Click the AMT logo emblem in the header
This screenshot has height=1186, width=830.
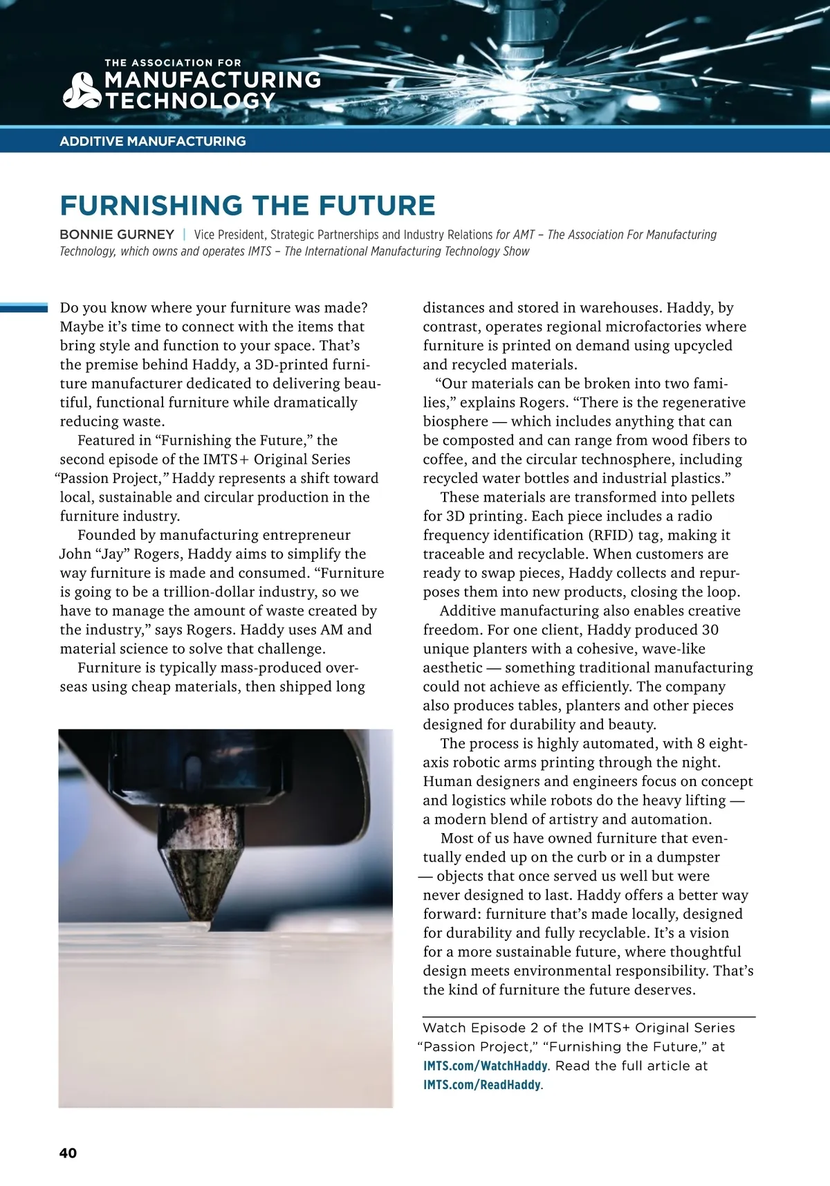point(82,91)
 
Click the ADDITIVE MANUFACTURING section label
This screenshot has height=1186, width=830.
point(153,141)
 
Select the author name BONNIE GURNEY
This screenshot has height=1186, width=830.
point(117,235)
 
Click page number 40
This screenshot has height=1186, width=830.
point(68,1153)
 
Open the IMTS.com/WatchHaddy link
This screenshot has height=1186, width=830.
point(485,1066)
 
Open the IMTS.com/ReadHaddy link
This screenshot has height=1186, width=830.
point(482,1085)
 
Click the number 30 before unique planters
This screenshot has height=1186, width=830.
point(710,630)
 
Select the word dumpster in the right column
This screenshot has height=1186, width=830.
point(688,857)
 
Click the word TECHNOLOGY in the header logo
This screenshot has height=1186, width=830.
point(190,101)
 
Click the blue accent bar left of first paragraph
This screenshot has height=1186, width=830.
point(24,308)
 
